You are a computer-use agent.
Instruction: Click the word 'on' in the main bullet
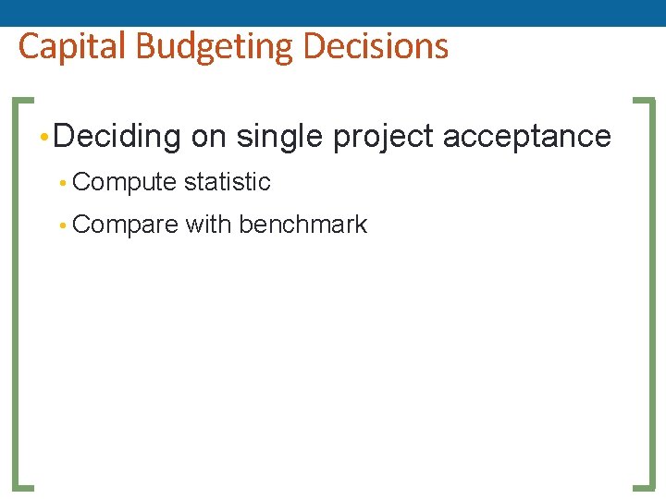point(208,138)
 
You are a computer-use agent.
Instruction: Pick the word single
point(280,138)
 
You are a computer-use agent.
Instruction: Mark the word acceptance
point(527,137)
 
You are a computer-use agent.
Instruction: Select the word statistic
point(227,182)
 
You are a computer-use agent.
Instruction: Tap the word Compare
point(124,225)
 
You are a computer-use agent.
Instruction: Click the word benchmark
point(302,225)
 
